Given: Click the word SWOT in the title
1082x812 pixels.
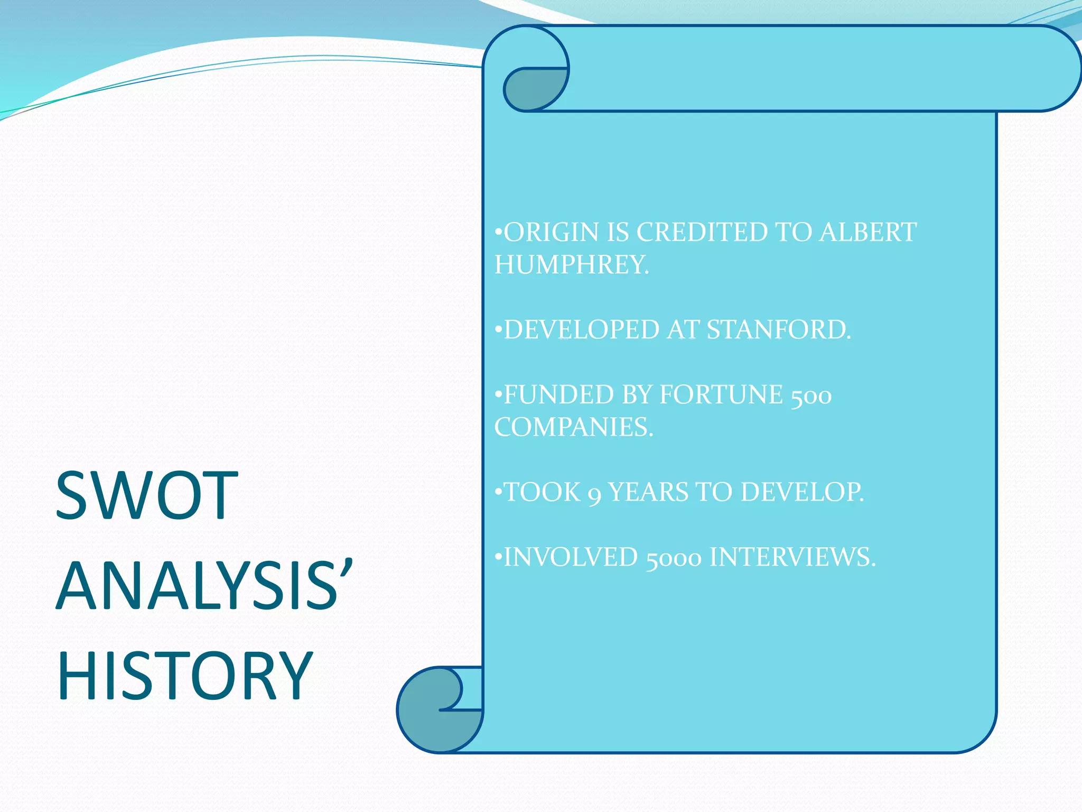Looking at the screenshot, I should pos(147,496).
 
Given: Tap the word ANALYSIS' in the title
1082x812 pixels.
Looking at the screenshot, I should pos(204,586).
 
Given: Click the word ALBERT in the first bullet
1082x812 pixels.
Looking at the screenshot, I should pos(868,232).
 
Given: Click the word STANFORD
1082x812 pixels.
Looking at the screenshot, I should pos(778,329).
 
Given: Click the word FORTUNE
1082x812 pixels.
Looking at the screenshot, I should pos(721,394).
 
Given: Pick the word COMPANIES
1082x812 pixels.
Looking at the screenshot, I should pos(573,427).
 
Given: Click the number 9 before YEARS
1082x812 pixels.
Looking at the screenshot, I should pos(594,494).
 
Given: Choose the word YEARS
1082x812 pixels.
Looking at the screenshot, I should pos(648,492).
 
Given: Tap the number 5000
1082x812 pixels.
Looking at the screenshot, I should pos(674,558).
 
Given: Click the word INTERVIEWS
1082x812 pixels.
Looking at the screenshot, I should pos(791,557).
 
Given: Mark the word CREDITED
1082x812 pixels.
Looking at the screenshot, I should pos(702,232).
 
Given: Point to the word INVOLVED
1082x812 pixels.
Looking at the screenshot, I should pos(571,557).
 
